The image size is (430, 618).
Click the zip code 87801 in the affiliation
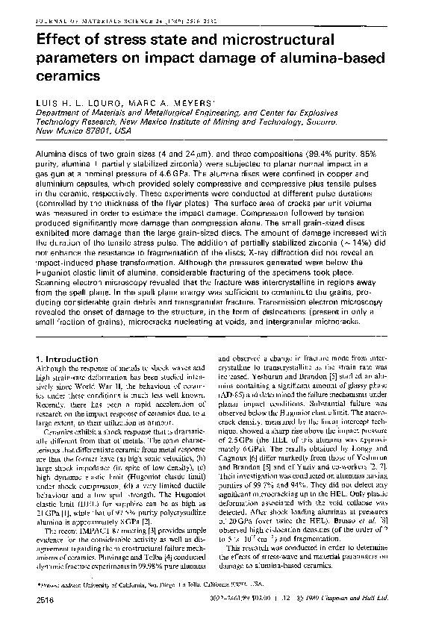point(104,128)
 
